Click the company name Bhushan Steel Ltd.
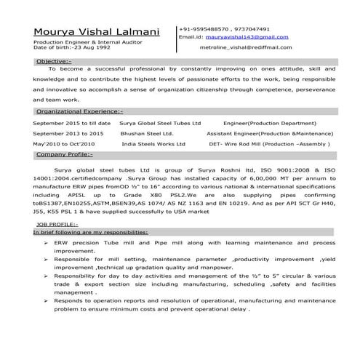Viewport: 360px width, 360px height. (x=147, y=134)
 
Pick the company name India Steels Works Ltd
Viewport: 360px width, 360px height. (x=153, y=144)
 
